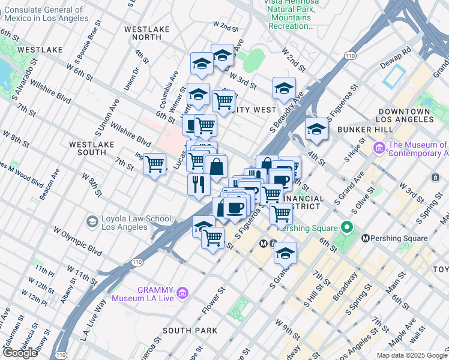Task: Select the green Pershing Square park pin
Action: tap(345, 227)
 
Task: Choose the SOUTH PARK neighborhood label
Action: tap(189, 331)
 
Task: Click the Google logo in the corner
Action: tap(20, 352)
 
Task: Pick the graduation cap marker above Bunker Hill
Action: tap(316, 129)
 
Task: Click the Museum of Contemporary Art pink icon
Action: tap(379, 148)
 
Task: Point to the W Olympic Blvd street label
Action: tap(77, 239)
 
